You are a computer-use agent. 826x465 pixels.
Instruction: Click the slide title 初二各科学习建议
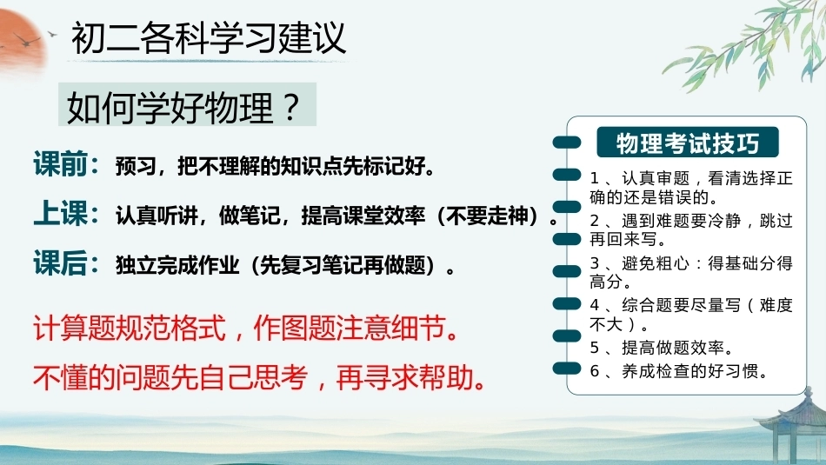pos(209,37)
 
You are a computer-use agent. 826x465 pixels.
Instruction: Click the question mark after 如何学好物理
pos(290,106)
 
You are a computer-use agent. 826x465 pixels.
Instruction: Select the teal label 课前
pos(60,163)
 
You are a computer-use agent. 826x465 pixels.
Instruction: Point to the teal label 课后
pos(60,262)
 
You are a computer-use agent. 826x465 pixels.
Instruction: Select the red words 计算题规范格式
pos(130,328)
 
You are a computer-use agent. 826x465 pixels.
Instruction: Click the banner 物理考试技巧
pos(688,143)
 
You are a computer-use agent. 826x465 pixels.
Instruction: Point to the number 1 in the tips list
pos(594,178)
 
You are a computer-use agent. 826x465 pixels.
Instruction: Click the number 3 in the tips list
pos(595,262)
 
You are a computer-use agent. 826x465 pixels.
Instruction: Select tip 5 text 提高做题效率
pos(673,348)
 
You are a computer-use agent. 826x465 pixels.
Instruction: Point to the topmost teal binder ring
pos(567,143)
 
